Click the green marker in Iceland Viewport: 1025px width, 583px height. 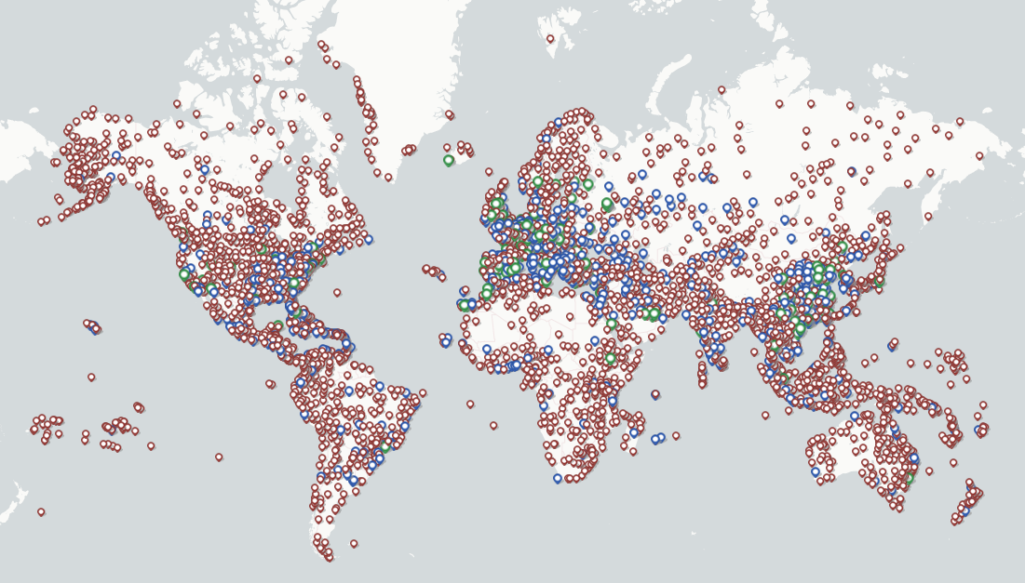(449, 160)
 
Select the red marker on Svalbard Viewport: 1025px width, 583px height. (549, 38)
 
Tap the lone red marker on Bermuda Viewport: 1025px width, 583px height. (337, 292)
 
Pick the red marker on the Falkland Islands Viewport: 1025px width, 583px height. (354, 543)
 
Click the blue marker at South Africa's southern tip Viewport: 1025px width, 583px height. (558, 478)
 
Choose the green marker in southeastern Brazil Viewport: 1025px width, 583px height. (385, 447)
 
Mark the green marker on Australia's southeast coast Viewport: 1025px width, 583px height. (910, 477)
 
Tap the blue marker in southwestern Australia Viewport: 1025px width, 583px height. (816, 471)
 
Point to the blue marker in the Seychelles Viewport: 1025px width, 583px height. (655, 394)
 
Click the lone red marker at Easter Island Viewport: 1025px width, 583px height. (219, 457)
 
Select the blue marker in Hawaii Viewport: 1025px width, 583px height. (93, 326)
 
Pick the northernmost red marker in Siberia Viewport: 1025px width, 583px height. (722, 90)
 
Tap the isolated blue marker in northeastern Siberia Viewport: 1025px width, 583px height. (851, 171)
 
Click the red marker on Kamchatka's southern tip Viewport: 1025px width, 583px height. (927, 217)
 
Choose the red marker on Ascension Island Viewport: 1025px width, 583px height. (470, 404)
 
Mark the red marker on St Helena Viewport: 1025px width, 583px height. (493, 425)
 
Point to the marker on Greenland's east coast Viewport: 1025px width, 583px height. (449, 114)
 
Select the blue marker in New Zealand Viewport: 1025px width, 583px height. (965, 510)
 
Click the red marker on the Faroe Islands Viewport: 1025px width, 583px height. (489, 171)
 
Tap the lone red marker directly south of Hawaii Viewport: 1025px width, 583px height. (91, 377)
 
